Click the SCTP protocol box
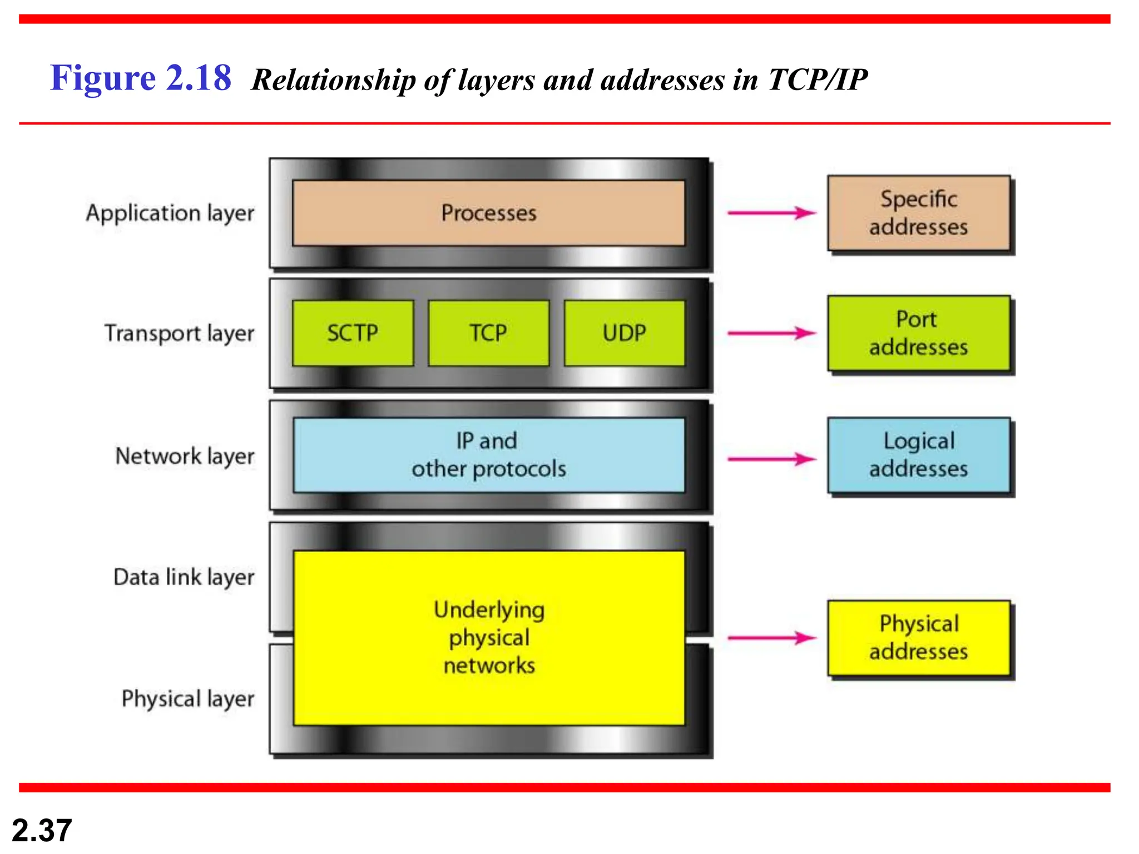[x=353, y=333]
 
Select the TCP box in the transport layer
[x=488, y=333]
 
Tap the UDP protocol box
[x=624, y=333]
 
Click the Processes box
[x=488, y=213]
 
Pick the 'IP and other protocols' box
[x=488, y=455]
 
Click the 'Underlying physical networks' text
[x=489, y=637]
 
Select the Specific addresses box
[x=918, y=213]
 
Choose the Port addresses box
[x=918, y=333]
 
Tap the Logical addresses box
[x=918, y=455]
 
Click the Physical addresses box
[x=918, y=637]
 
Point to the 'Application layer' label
[x=170, y=213]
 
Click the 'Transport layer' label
[x=179, y=334]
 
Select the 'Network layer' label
[x=185, y=456]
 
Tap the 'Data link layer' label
[x=184, y=577]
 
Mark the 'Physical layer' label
[x=188, y=699]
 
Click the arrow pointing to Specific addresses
[x=772, y=213]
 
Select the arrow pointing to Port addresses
[x=772, y=334]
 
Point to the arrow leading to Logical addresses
[x=772, y=459]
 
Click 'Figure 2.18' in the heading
[x=141, y=78]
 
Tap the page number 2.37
[x=42, y=830]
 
